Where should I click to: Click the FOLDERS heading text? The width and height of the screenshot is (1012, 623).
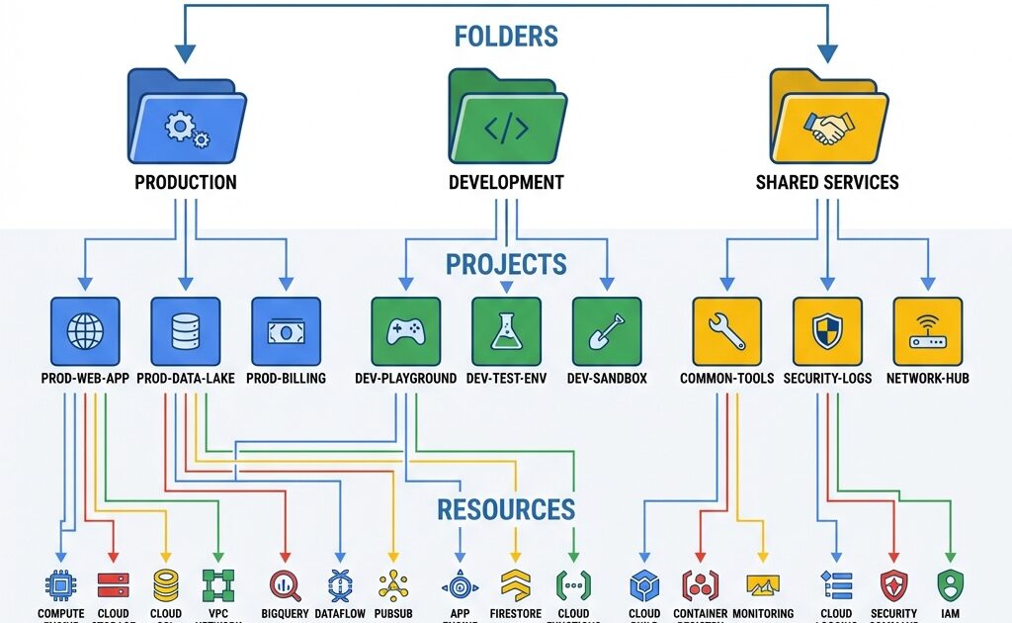pos(506,37)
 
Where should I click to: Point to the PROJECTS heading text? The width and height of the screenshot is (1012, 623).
pos(506,265)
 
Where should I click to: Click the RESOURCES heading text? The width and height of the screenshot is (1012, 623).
pos(506,510)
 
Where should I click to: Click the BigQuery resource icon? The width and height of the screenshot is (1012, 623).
pos(285,585)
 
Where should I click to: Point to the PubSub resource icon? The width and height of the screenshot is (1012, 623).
pos(393,585)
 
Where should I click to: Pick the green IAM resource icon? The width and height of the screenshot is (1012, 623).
pos(950,585)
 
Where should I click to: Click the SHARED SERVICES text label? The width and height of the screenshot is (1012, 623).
pos(827,183)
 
